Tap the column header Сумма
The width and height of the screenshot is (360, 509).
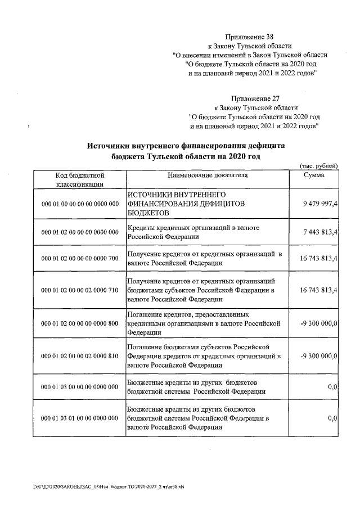click(313, 175)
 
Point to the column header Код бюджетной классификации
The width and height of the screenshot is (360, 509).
click(79, 179)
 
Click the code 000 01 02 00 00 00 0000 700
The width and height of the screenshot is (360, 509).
click(80, 258)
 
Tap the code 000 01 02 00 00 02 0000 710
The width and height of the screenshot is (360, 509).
click(80, 290)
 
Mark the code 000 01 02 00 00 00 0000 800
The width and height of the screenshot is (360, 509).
click(80, 323)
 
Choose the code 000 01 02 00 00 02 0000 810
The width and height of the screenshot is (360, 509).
click(80, 356)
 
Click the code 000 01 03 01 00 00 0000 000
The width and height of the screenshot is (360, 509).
click(80, 418)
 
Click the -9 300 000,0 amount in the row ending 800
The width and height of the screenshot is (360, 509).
click(319, 323)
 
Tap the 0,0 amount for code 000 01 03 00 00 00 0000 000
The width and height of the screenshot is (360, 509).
click(332, 387)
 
